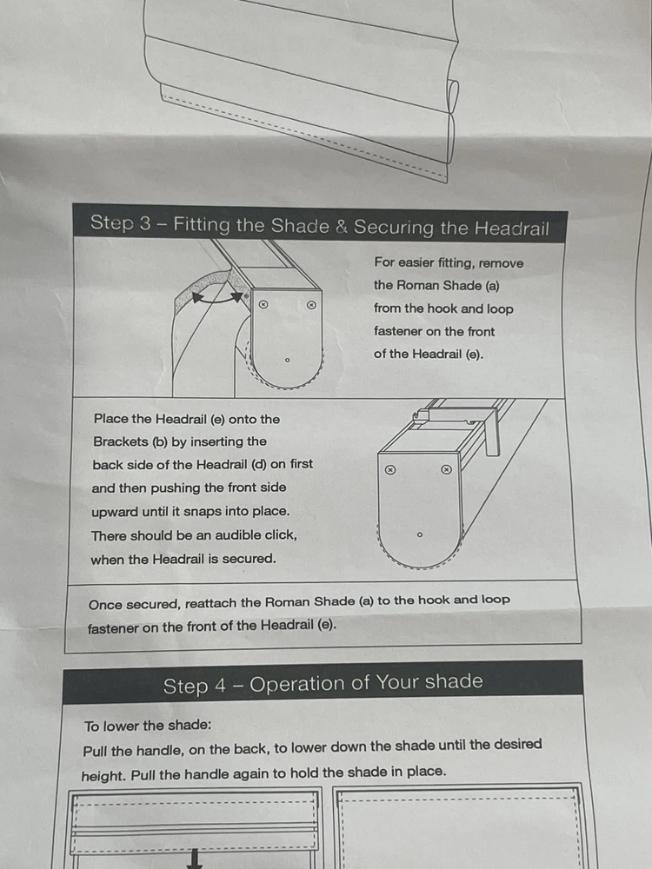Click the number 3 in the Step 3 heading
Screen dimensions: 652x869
click(144, 223)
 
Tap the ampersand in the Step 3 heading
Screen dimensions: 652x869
click(342, 226)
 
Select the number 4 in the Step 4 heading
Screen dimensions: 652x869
click(220, 686)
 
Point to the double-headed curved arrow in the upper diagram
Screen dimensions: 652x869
click(216, 298)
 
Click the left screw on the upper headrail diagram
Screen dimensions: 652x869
click(264, 304)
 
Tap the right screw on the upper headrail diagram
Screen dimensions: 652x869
click(311, 304)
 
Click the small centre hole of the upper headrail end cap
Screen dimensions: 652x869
click(287, 361)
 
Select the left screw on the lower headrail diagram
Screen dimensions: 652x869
click(390, 470)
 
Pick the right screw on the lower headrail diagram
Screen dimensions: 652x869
click(446, 470)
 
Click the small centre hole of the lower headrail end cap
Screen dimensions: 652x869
click(420, 534)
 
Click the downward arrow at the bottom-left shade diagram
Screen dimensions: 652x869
click(195, 859)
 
